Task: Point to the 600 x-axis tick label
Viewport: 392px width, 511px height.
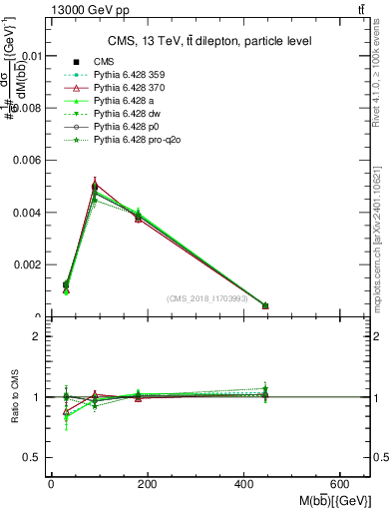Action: [x=344, y=484]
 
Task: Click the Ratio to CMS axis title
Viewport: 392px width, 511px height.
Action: [x=14, y=397]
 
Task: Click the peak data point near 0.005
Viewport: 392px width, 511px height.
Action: [x=94, y=186]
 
